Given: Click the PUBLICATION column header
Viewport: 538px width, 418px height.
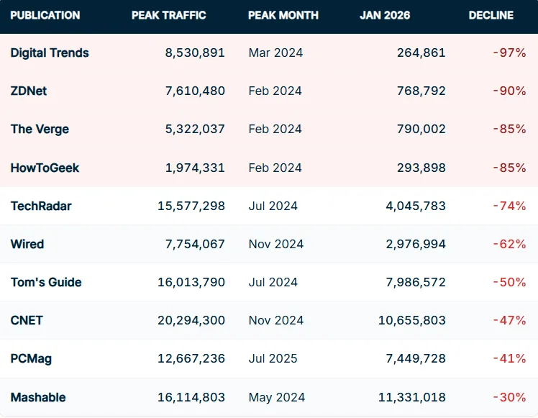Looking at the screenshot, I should tap(45, 15).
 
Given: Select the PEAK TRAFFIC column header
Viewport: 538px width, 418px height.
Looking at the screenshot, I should tap(168, 15).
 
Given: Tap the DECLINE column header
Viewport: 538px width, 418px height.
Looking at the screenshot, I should tap(491, 15).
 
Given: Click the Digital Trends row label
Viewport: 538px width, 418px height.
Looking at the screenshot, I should tap(50, 53).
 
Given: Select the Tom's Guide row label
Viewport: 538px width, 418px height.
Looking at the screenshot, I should tap(46, 282).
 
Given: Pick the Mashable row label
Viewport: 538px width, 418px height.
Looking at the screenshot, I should tap(38, 397).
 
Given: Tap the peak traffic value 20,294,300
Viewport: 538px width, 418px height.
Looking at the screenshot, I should tap(191, 320).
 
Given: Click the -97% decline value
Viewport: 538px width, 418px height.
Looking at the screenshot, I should tap(509, 53).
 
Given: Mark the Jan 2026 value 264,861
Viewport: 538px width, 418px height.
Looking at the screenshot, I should tap(421, 53).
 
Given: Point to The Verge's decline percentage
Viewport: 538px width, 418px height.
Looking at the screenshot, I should tap(509, 129).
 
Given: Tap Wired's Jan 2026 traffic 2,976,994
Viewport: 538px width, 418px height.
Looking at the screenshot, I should tap(416, 244).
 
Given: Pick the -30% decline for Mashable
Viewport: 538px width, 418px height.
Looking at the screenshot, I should tap(509, 397).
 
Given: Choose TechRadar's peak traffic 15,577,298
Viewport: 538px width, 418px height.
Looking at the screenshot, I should tap(191, 206).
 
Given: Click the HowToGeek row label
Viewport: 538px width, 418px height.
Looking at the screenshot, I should tap(45, 168).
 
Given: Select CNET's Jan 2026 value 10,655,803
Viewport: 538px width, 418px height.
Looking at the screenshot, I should tap(412, 320).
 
